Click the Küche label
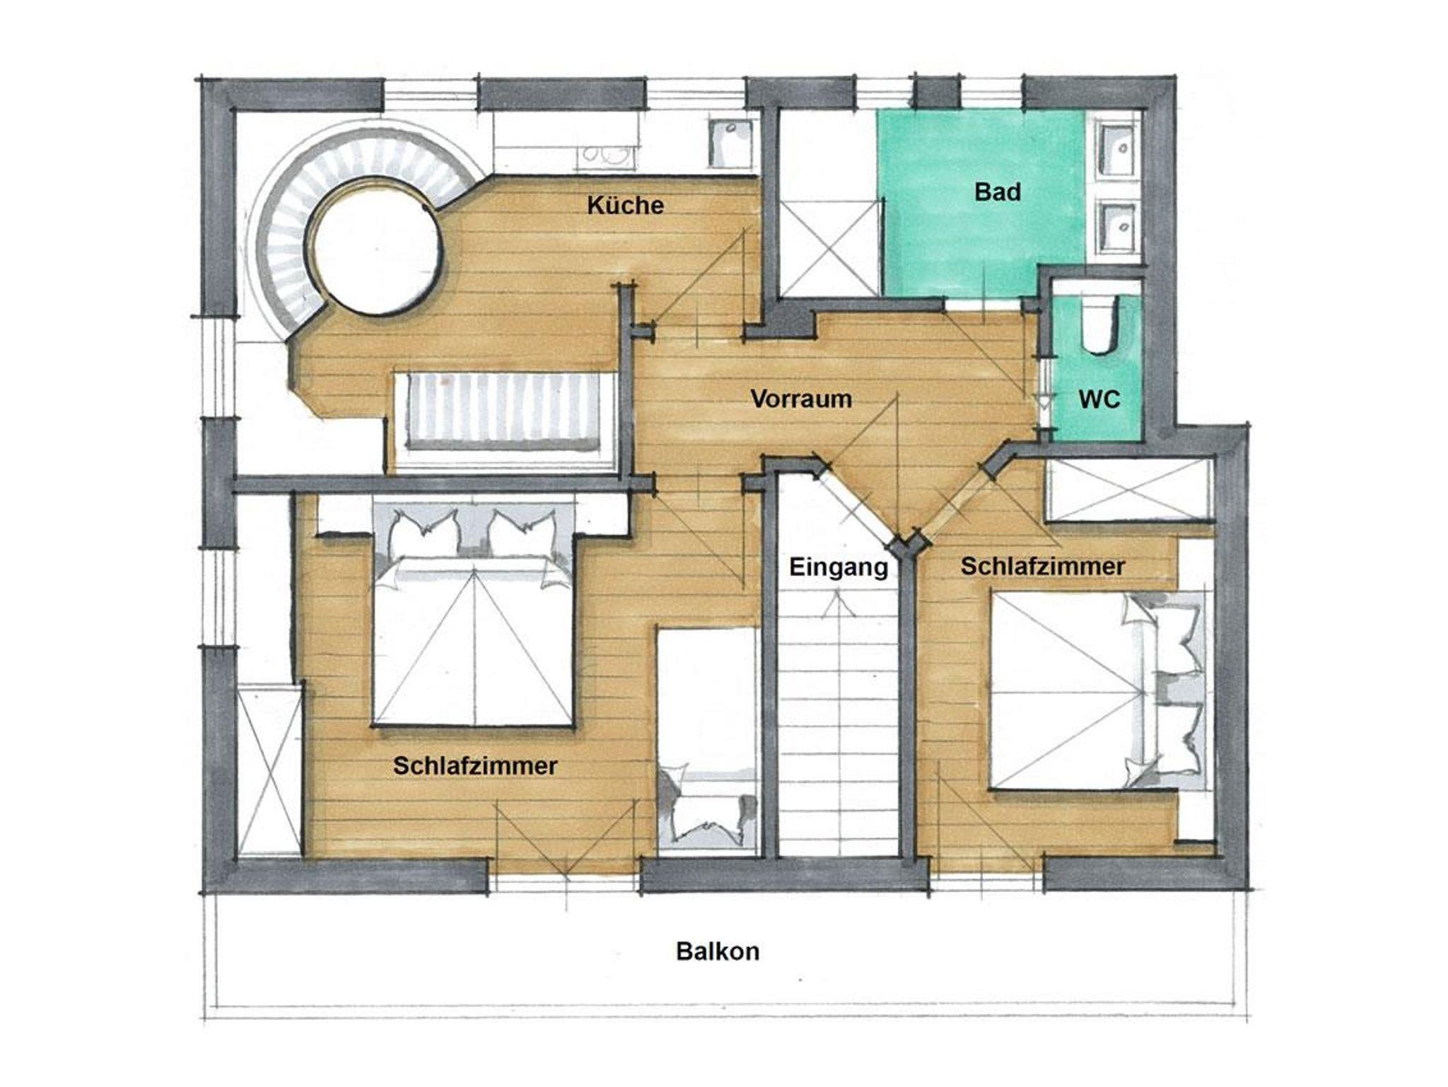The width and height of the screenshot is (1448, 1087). [x=626, y=206]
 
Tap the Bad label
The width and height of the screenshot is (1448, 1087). [x=998, y=192]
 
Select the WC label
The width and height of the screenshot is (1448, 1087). [x=1099, y=399]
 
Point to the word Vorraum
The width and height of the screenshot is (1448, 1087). [x=801, y=399]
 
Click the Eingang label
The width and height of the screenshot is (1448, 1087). [x=839, y=567]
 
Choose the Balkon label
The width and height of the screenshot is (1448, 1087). [x=718, y=951]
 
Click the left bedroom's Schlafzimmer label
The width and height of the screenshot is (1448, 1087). [x=475, y=765]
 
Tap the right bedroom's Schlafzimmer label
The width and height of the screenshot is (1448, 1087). [x=1042, y=566]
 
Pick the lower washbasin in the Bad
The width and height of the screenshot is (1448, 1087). [x=1119, y=227]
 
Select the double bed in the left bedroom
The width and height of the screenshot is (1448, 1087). [x=473, y=616]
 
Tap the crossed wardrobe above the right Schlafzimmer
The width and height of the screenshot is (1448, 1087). [x=1129, y=490]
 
